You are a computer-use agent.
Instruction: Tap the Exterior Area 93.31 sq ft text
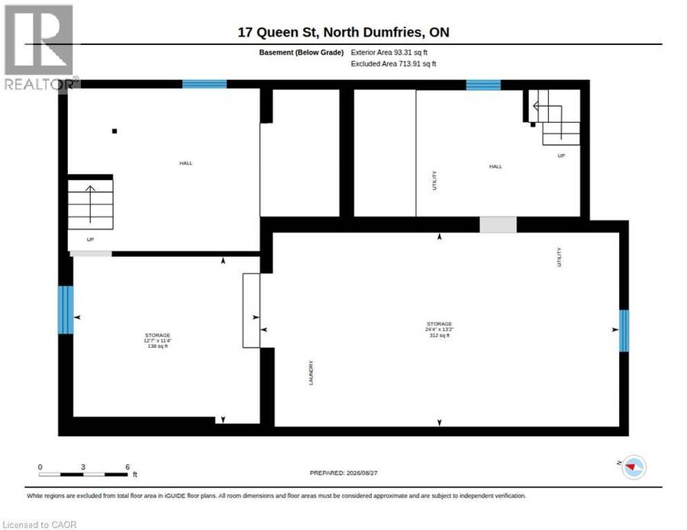(x=389, y=53)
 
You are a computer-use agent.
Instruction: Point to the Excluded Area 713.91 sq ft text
(x=393, y=64)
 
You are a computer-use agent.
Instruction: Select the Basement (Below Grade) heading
(x=301, y=53)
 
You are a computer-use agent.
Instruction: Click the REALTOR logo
(x=40, y=47)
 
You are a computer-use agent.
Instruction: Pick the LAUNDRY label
(x=311, y=372)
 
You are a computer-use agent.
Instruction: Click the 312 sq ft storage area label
(x=440, y=336)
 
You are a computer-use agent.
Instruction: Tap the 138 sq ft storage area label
(x=158, y=346)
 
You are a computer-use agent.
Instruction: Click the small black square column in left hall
(x=114, y=131)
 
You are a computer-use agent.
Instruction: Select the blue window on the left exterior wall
(x=66, y=310)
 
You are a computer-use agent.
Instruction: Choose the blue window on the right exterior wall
(x=624, y=331)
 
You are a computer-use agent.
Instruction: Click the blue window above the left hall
(x=204, y=84)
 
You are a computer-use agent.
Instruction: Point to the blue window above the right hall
(x=483, y=85)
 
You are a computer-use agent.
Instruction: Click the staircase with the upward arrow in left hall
(x=90, y=204)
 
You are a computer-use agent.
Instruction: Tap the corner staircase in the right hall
(x=555, y=117)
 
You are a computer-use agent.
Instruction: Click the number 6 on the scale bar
(x=127, y=467)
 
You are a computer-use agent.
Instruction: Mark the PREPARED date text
(x=343, y=473)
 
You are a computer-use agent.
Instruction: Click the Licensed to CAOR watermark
(x=40, y=525)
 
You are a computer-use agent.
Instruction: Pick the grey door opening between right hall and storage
(x=498, y=225)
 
